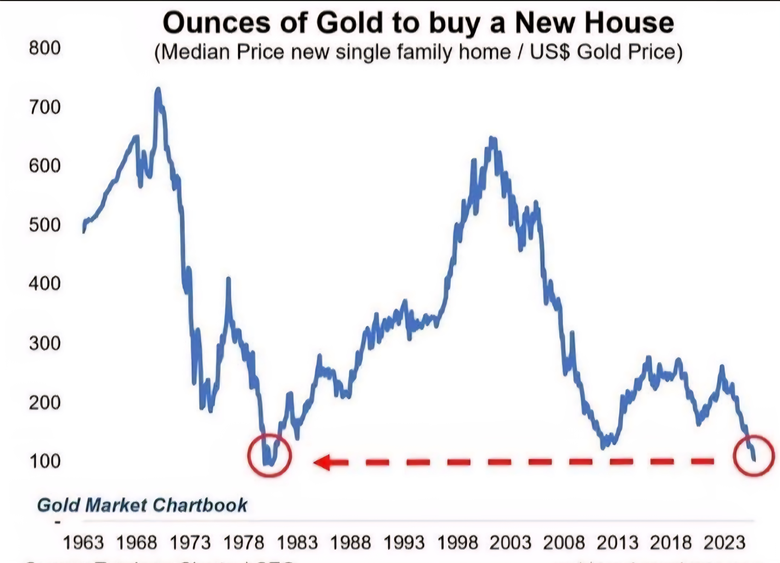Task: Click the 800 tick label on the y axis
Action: point(45,48)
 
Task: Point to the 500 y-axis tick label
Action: point(45,226)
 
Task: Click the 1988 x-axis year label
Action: point(350,543)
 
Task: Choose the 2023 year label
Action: point(724,543)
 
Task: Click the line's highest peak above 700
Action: point(158,90)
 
